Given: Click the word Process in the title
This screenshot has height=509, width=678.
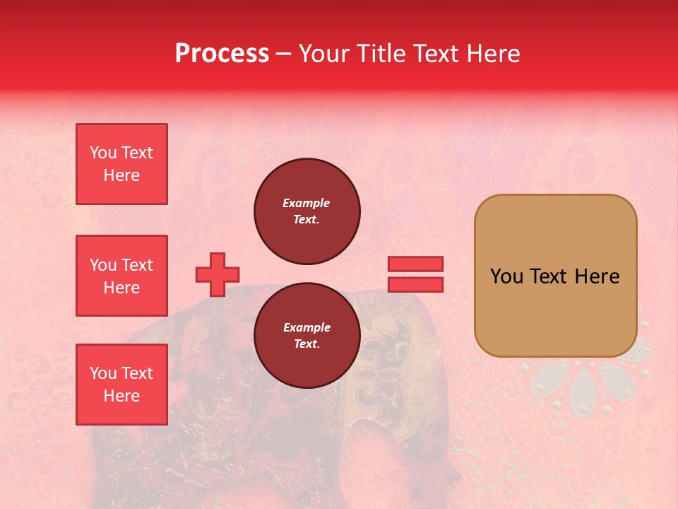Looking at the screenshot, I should click(x=222, y=54).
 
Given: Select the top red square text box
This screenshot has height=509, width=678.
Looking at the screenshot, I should click(x=121, y=164).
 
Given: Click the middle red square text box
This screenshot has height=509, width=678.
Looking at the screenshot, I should click(x=121, y=276).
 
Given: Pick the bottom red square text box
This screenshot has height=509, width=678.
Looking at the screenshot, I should click(x=121, y=384).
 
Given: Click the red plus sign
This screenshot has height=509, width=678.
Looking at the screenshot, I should click(x=218, y=274).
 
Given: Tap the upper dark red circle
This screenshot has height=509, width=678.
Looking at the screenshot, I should click(x=307, y=211).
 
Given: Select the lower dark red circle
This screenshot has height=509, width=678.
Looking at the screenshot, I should click(x=307, y=336).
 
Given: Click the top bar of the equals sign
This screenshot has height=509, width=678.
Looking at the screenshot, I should click(x=415, y=264).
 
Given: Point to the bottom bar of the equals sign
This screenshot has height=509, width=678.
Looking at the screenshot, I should click(x=415, y=284).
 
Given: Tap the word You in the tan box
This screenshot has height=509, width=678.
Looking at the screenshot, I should click(x=506, y=276).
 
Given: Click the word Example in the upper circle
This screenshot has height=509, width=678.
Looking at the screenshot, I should click(x=306, y=204).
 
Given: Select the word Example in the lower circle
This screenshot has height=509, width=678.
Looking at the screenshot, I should click(x=307, y=328).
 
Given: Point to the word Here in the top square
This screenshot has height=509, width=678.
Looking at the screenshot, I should click(x=121, y=175).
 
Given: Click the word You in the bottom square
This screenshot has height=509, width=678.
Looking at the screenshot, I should click(x=102, y=373).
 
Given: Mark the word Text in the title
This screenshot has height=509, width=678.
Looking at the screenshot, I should click(x=434, y=54).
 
